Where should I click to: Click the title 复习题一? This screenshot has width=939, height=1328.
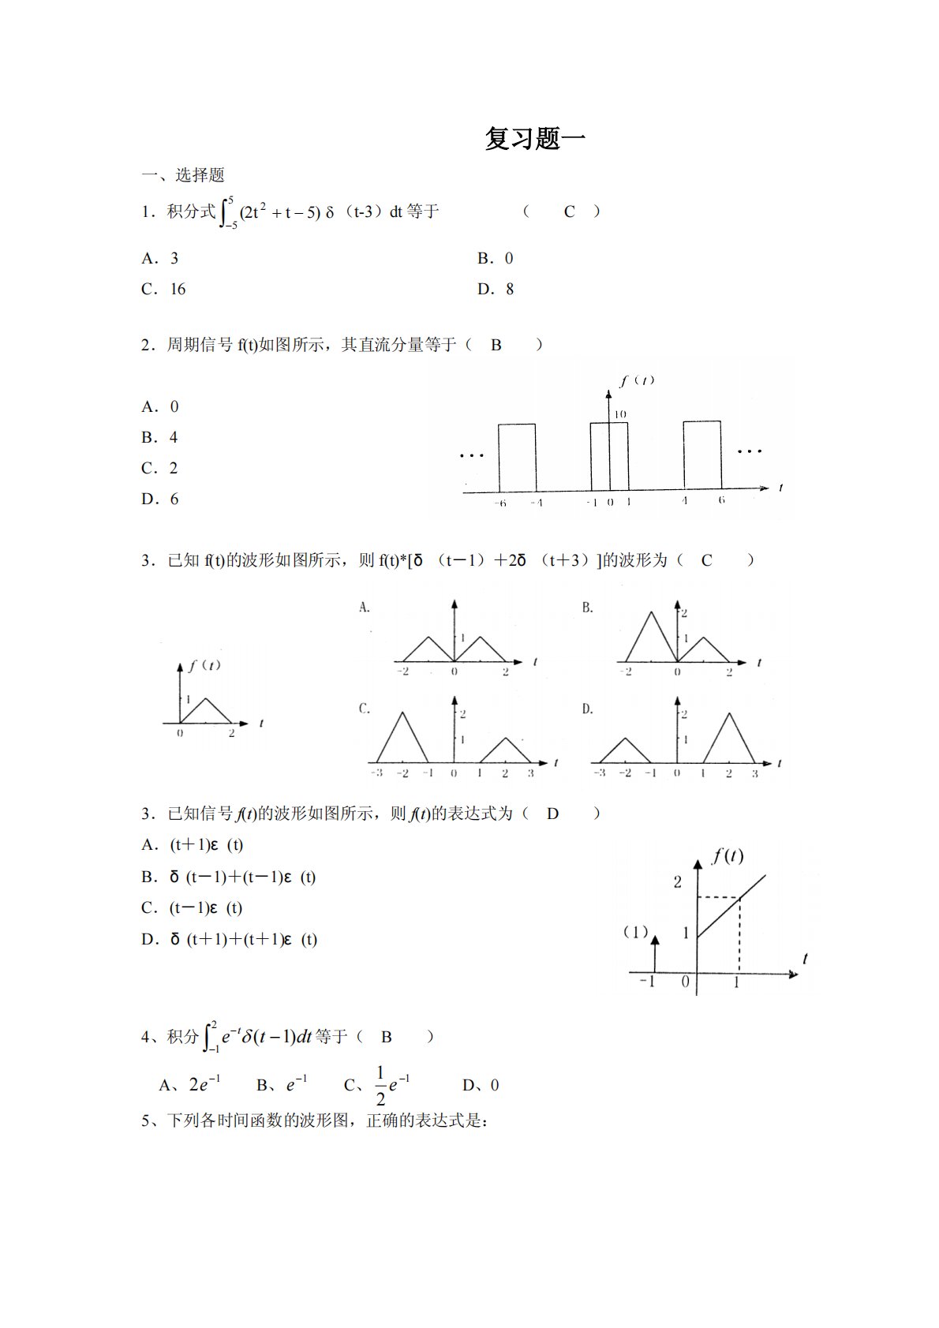(x=535, y=139)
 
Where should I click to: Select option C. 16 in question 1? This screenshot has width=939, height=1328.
(x=163, y=290)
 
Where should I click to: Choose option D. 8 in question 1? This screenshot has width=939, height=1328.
(x=496, y=290)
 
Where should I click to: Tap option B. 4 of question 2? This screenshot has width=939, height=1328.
(x=159, y=437)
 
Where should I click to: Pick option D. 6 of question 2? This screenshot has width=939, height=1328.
(x=159, y=499)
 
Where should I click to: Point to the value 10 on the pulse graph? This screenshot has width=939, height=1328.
(x=620, y=414)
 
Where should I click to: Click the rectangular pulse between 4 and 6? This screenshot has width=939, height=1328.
(x=702, y=455)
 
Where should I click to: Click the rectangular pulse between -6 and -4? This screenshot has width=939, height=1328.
(x=516, y=457)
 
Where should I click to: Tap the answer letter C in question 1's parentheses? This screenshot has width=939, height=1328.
(x=569, y=211)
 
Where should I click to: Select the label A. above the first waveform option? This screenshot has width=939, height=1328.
(x=365, y=608)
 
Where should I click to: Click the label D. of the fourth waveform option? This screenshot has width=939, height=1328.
(x=587, y=709)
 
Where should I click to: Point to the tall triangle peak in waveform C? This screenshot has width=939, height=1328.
(x=403, y=715)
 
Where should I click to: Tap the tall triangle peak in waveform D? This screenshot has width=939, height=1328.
(x=730, y=716)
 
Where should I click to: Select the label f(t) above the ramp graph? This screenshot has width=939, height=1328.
(x=728, y=855)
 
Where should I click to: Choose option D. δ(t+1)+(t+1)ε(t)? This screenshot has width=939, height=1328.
(x=229, y=939)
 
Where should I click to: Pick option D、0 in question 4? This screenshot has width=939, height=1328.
(x=481, y=1086)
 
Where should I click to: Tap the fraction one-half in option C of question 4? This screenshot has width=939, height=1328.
(x=380, y=1086)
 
